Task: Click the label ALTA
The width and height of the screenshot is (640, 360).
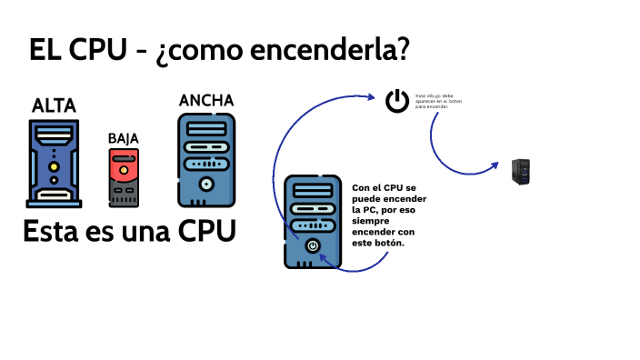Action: click(54, 105)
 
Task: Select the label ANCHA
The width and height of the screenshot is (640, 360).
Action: click(206, 100)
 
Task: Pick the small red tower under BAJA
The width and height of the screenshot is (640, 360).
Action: click(124, 177)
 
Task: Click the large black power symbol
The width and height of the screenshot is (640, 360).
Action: click(397, 100)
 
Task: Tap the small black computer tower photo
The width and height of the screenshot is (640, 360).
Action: click(521, 172)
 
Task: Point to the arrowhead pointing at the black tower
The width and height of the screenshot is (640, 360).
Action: click(494, 165)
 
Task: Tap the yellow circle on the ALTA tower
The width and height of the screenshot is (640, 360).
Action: click(55, 168)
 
